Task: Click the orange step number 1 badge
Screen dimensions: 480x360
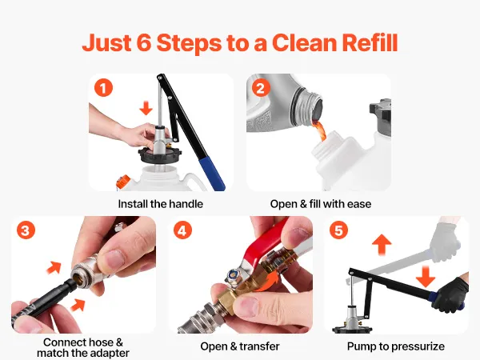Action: coord(103,88)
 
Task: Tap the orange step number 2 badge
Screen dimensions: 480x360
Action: coord(261,88)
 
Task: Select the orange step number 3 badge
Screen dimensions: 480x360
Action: coord(26,230)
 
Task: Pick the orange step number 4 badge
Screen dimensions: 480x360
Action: coord(182,230)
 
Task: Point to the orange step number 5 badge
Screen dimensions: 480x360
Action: coord(339,230)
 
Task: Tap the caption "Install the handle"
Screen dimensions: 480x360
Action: coord(161,204)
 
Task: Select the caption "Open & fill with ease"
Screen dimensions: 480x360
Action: coord(321,204)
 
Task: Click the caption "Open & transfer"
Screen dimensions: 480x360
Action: coord(240,346)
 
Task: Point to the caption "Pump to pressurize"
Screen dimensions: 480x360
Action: coord(396,346)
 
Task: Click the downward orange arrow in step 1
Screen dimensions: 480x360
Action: coord(146,108)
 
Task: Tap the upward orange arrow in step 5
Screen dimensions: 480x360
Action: coord(382,245)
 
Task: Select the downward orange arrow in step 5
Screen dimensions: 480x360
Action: coord(426,277)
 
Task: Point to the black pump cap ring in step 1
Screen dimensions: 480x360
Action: coord(160,155)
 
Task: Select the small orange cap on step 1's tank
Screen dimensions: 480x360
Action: coord(122,182)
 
